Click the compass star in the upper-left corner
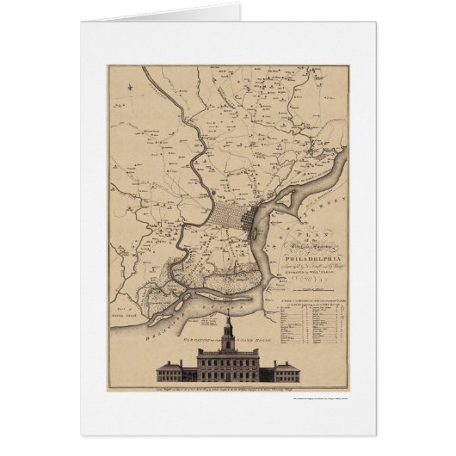[x=126, y=84]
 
